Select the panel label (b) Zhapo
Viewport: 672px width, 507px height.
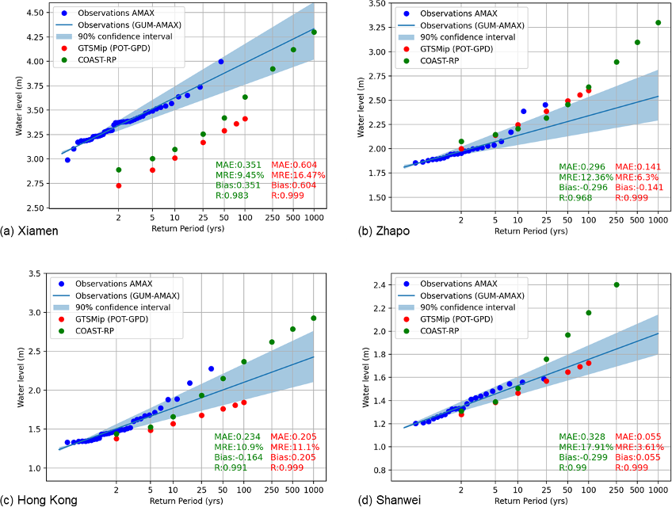pos(370,231)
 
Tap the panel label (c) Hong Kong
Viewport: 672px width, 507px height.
pos(39,499)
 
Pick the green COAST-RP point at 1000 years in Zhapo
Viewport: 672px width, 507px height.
pos(658,23)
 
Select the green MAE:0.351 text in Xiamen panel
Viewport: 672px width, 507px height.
pos(239,164)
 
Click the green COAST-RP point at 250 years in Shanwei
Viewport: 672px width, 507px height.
pos(617,285)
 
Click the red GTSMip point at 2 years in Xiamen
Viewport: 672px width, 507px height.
pos(118,185)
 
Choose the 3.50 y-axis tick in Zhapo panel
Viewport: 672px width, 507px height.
pos(365,4)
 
